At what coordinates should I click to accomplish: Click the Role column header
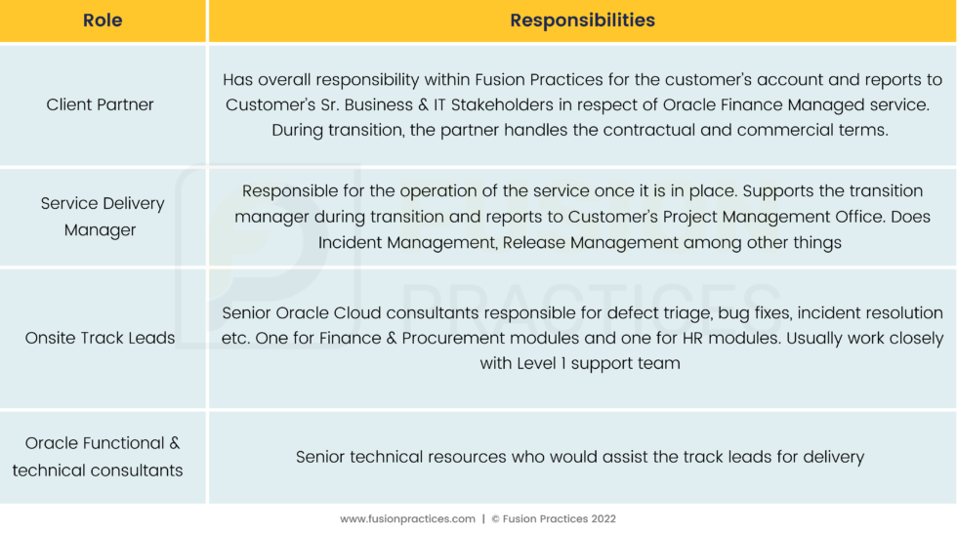pos(103,20)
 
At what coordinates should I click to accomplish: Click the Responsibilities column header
pos(582,20)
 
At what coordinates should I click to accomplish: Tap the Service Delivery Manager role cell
pos(102,216)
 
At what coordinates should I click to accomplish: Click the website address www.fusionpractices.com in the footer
pos(408,519)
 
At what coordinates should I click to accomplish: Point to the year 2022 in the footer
pos(603,519)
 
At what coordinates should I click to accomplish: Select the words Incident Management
pos(407,242)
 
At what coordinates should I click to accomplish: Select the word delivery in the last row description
pos(833,457)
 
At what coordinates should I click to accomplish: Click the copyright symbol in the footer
pos(496,519)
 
